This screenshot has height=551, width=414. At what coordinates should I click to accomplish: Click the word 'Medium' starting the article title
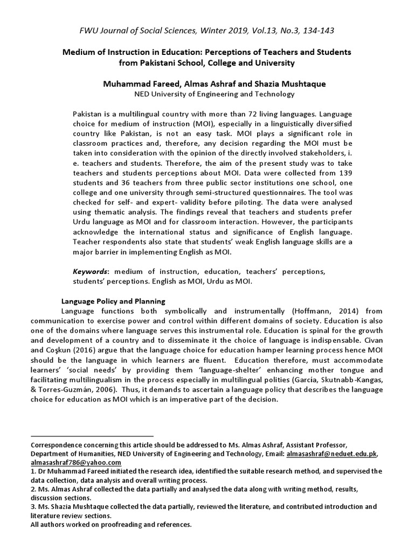coord(79,52)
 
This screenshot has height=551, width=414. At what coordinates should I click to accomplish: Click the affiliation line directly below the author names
coord(207,94)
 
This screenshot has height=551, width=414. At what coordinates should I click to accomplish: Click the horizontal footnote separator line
coord(92,435)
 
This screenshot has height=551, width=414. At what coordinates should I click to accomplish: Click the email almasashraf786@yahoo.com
coord(76,463)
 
